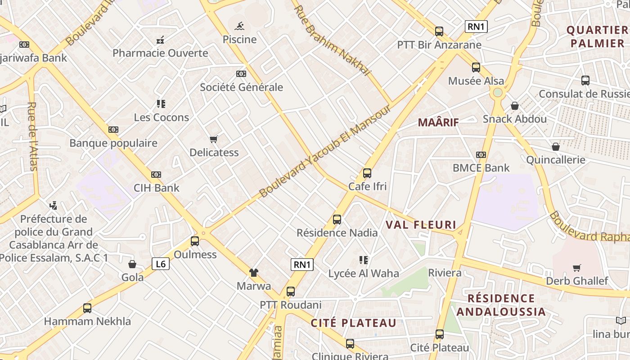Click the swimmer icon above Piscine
tap(240, 25)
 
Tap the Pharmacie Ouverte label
tap(160, 53)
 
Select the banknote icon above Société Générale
tap(241, 74)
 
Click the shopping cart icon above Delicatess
tap(214, 139)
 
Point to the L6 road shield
tap(161, 264)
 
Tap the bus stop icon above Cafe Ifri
tap(367, 173)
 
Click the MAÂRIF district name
tap(438, 122)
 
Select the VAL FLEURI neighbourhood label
tap(421, 225)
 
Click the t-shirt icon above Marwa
tap(254, 272)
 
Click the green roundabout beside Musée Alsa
tap(497, 93)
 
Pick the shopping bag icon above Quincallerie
tap(556, 147)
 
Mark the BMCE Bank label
tap(481, 168)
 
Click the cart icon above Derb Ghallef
tap(577, 268)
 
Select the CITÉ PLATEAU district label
tap(354, 323)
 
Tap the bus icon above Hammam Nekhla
tap(87, 308)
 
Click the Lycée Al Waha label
tap(364, 273)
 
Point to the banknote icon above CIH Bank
tap(156, 175)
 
